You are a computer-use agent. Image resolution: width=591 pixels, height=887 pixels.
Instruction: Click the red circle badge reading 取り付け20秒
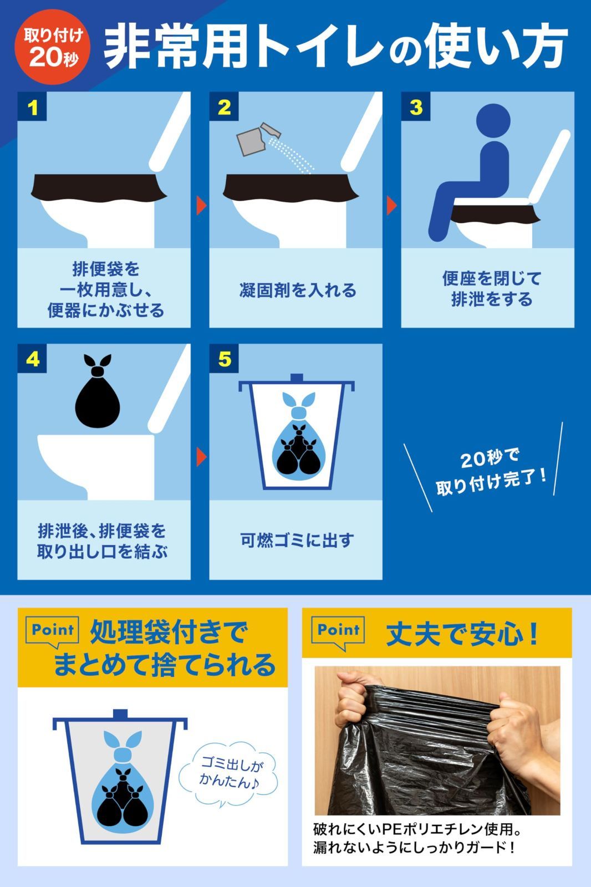[x=53, y=47]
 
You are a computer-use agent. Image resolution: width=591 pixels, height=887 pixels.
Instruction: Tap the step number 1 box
[x=33, y=107]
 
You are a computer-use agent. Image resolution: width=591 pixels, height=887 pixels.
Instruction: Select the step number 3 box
[x=416, y=107]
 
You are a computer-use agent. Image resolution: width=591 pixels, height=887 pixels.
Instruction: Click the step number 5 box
[x=224, y=359]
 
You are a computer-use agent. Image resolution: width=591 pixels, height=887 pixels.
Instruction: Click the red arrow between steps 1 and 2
[x=201, y=206]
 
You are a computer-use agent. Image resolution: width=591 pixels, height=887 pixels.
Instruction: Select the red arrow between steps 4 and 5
[x=201, y=457]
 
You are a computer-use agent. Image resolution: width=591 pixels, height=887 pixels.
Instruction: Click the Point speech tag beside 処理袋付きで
[x=53, y=631]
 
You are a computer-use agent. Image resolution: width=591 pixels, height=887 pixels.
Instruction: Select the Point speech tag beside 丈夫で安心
[x=338, y=631]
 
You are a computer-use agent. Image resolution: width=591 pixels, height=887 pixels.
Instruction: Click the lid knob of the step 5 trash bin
[x=297, y=378]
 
